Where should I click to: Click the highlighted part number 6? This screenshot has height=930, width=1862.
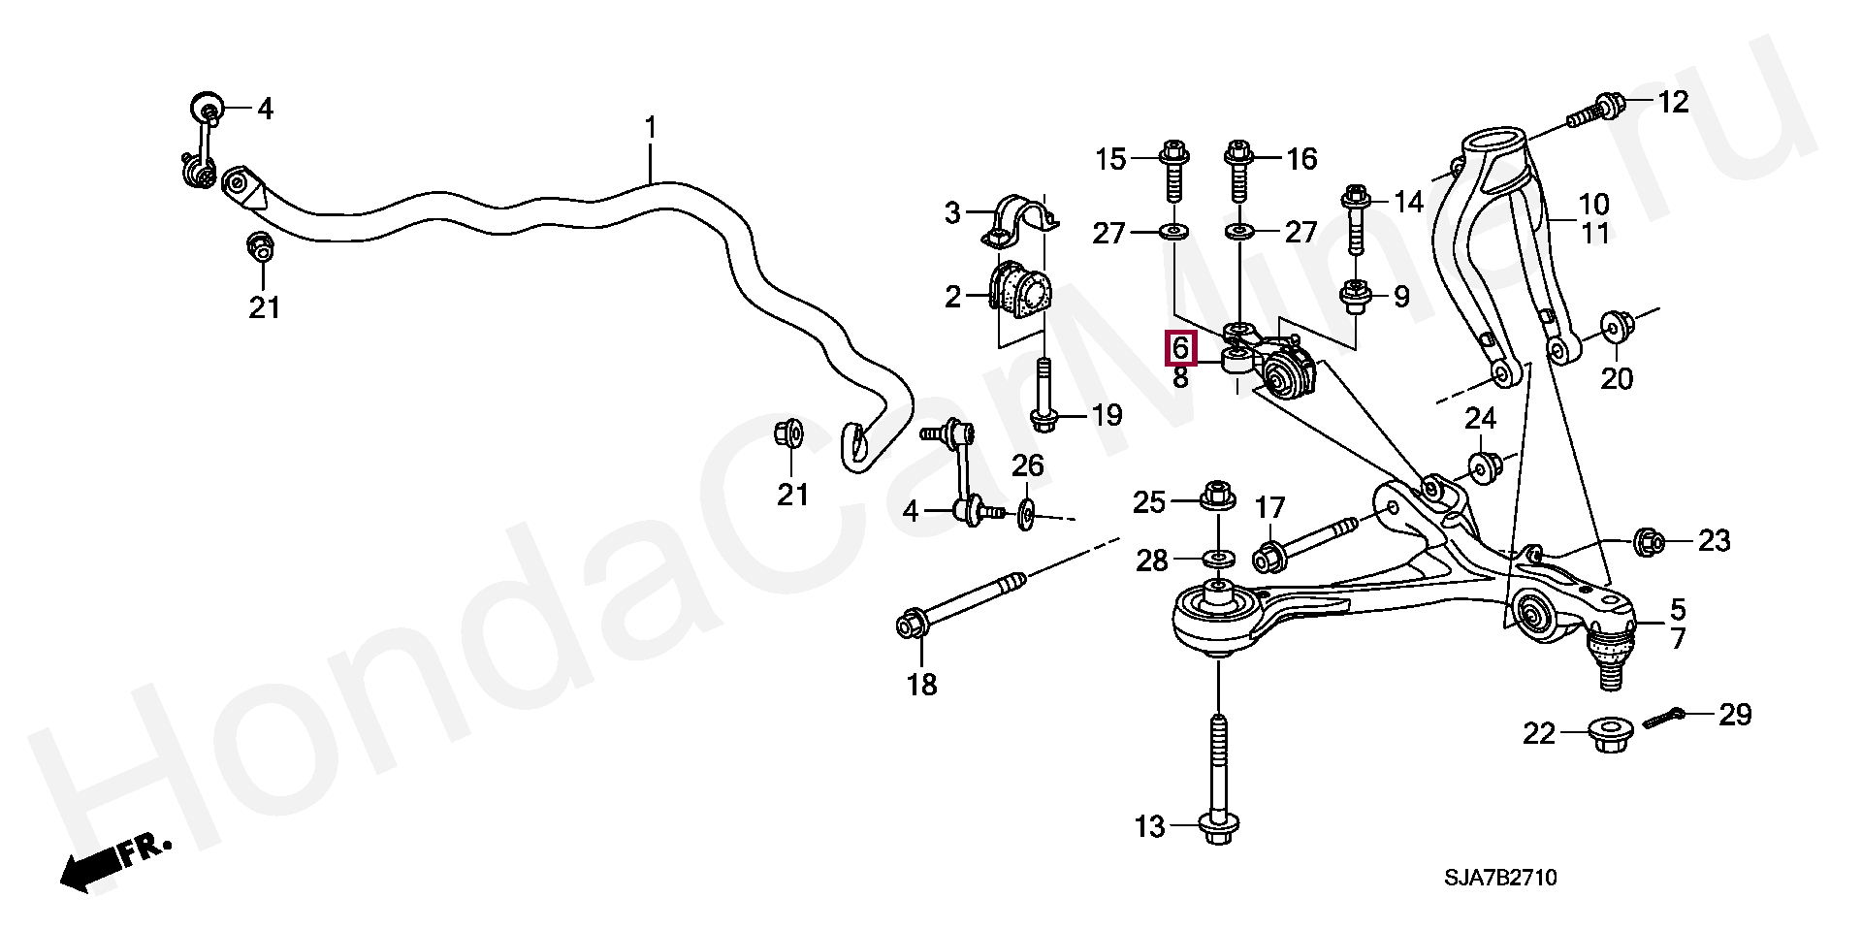click(1180, 347)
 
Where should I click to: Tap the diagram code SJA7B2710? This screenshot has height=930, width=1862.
click(1500, 878)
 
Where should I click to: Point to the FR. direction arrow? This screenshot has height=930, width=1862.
click(112, 862)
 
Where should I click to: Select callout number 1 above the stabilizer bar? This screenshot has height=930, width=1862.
click(651, 128)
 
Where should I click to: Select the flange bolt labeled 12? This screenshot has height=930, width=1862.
click(1596, 111)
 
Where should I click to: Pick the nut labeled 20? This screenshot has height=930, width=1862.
click(1614, 327)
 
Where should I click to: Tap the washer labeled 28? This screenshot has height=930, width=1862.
click(1218, 559)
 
